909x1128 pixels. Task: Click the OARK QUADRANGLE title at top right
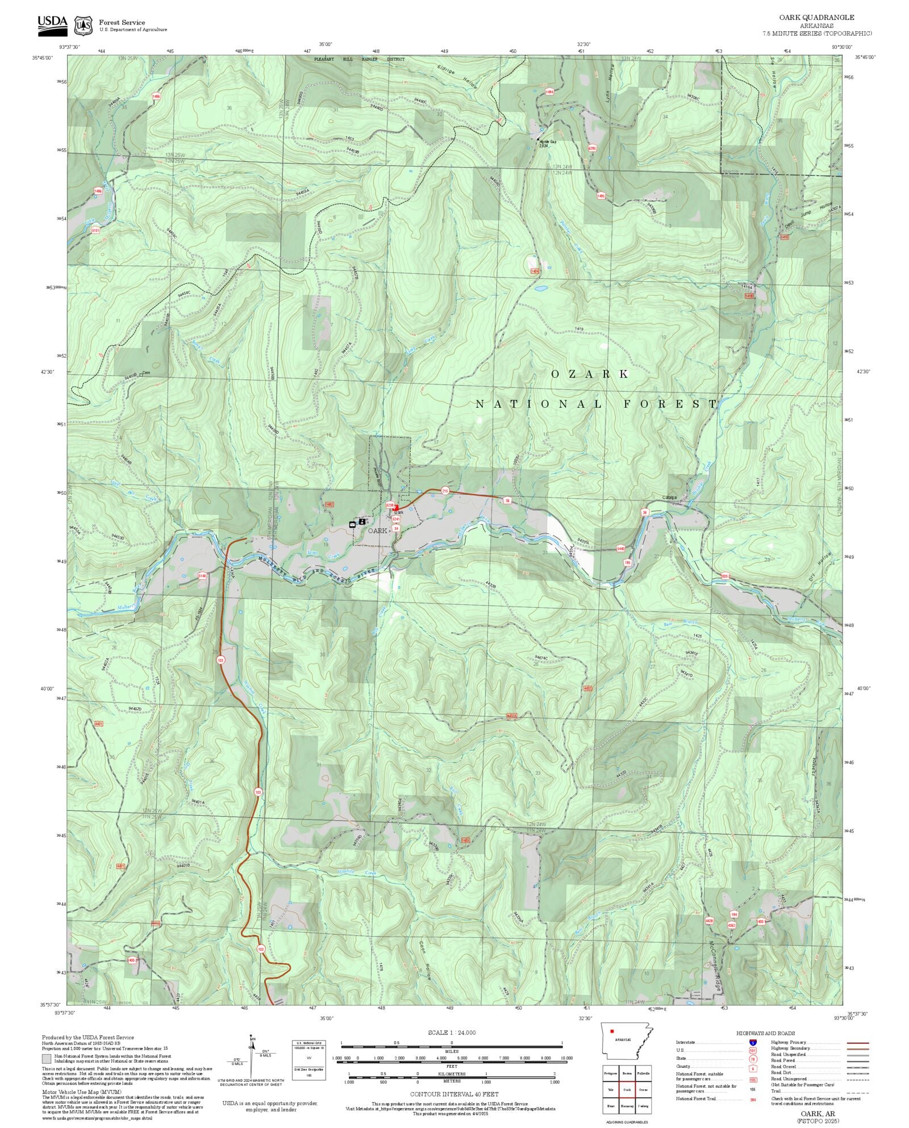click(816, 18)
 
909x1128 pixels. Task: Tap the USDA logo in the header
click(52, 26)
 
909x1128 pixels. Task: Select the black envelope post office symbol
click(352, 524)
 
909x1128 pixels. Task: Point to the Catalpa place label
click(670, 498)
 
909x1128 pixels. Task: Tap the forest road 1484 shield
click(549, 91)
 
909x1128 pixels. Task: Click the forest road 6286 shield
click(592, 149)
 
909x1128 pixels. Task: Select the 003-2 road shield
click(725, 575)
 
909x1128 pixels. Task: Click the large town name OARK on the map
click(377, 530)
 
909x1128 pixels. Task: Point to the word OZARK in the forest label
click(590, 374)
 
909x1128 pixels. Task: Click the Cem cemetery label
click(146, 373)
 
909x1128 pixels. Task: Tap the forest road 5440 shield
click(620, 549)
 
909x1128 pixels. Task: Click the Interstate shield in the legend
click(753, 1042)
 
